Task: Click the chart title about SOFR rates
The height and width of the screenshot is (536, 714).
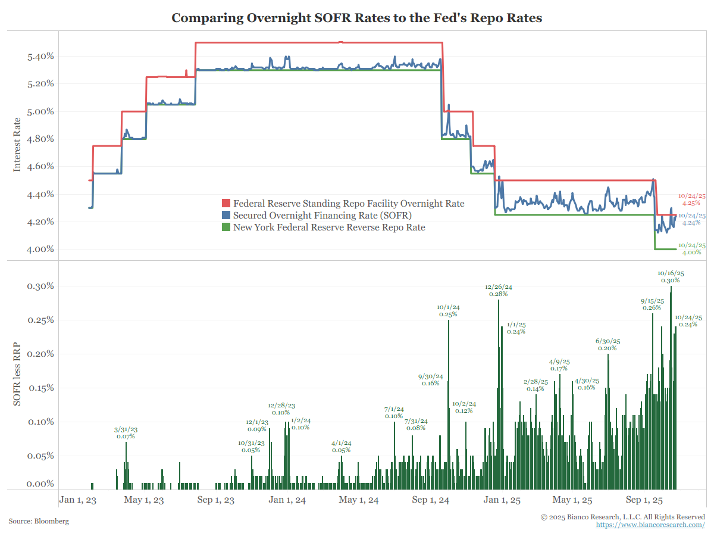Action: click(x=357, y=18)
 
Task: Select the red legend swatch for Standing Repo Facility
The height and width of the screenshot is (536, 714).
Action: click(x=226, y=204)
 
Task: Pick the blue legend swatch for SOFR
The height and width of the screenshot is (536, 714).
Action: click(x=226, y=216)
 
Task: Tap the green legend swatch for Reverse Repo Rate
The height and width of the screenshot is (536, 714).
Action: click(x=226, y=227)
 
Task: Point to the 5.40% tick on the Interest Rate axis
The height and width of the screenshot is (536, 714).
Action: click(x=41, y=57)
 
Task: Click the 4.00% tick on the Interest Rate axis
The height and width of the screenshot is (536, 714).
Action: click(x=41, y=250)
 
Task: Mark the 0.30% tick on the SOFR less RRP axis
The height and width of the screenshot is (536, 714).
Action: click(x=41, y=286)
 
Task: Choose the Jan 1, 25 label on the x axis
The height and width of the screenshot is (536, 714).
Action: click(x=502, y=500)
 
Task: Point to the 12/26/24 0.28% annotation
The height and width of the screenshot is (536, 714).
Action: click(x=499, y=290)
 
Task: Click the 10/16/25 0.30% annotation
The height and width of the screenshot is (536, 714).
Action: click(x=671, y=276)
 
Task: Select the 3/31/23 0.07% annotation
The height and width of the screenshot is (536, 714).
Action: click(x=126, y=433)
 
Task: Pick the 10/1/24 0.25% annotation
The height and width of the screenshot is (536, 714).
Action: click(x=448, y=310)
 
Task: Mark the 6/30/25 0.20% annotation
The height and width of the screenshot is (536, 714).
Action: click(x=607, y=344)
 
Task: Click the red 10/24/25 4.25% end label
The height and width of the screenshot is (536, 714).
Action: click(x=692, y=200)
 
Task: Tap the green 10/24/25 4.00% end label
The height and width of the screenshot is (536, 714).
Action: click(x=692, y=249)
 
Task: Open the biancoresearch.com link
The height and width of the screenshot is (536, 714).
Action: click(x=650, y=525)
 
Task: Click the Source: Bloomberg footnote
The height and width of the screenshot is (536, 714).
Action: click(x=39, y=521)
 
